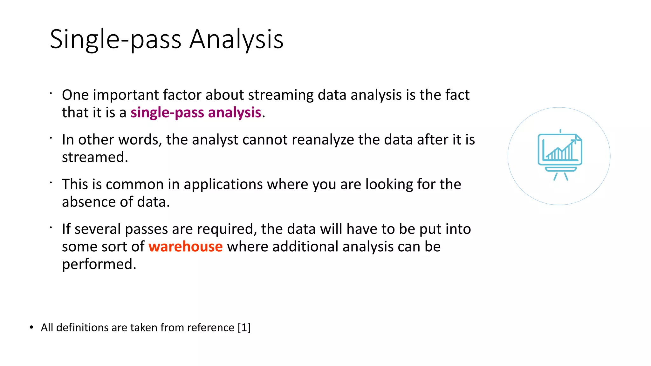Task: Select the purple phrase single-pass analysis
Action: (x=196, y=112)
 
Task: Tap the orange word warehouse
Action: (x=185, y=247)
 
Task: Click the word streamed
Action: (x=95, y=157)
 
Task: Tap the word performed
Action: (x=99, y=264)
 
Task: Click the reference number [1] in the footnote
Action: (x=244, y=328)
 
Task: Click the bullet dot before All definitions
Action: (x=31, y=328)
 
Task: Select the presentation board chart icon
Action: (x=559, y=152)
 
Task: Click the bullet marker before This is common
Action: (x=51, y=183)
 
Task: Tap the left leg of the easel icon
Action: (x=555, y=177)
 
